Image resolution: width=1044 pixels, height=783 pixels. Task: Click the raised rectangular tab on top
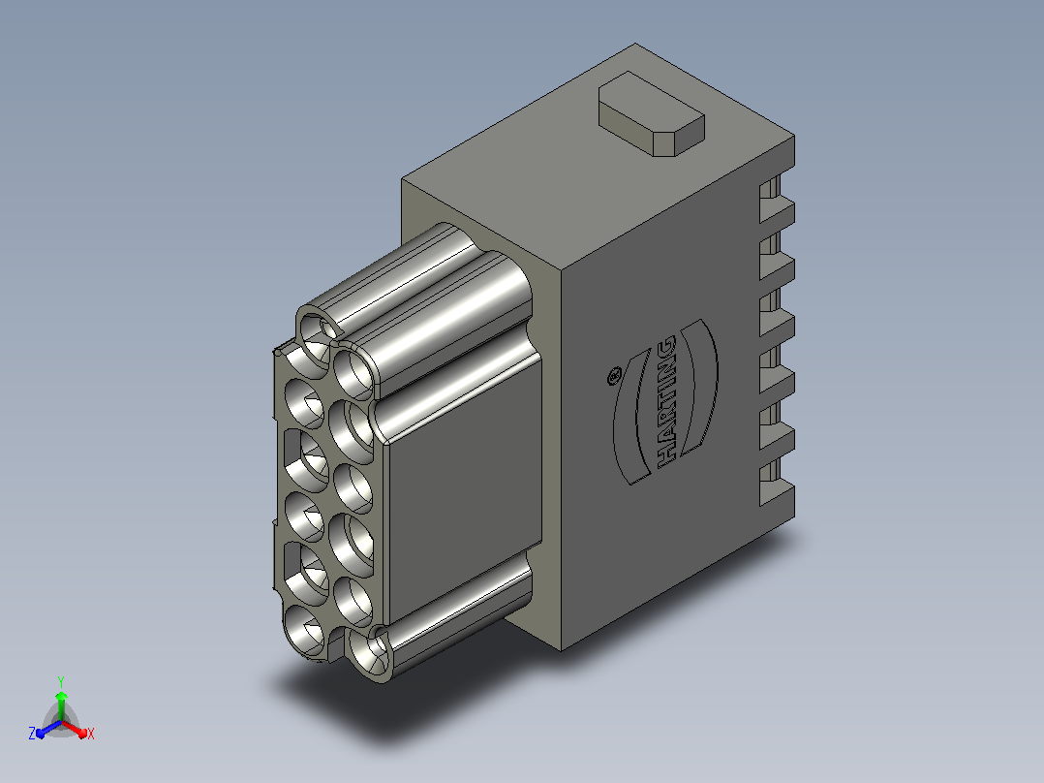click(x=651, y=114)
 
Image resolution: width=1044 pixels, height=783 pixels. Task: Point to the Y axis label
click(x=61, y=682)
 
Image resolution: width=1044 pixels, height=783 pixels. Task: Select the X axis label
click(x=91, y=734)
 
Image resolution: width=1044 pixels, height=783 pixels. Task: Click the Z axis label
click(x=32, y=734)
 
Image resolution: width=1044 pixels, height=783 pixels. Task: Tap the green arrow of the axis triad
click(x=61, y=705)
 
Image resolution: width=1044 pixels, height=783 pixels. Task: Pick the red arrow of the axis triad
click(x=75, y=729)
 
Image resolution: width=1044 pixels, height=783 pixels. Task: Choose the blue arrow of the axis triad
click(x=48, y=729)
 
